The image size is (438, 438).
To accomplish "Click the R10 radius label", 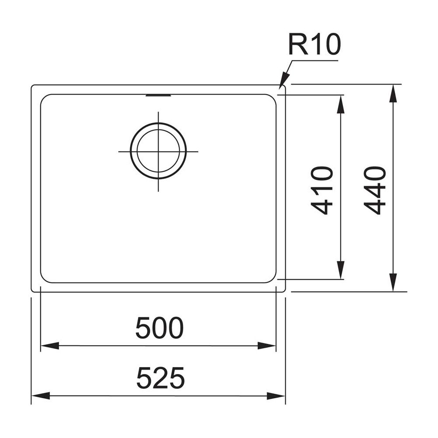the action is (314, 44).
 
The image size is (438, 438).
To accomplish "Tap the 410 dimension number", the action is (321, 191).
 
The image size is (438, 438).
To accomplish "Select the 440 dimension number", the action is (375, 191).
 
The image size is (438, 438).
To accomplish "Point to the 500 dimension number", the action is (159, 328).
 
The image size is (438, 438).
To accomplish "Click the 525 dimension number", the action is (161, 378).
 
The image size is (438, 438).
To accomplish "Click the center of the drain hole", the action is (159, 152).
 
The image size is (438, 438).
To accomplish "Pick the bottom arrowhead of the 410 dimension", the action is (340, 270).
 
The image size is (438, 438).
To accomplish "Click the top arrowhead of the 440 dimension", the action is (393, 94).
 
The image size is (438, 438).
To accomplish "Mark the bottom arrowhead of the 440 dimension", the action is (393, 282).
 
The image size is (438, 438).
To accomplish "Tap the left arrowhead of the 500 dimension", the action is (50, 346).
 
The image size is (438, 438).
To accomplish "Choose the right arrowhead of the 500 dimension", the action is (266, 346).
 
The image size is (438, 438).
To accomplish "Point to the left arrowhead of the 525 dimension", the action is (41, 396).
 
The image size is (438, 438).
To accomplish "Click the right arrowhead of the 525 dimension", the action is (276, 396).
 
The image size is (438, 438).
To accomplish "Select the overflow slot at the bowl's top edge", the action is (158, 95).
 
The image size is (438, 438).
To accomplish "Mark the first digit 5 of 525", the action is (144, 378).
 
